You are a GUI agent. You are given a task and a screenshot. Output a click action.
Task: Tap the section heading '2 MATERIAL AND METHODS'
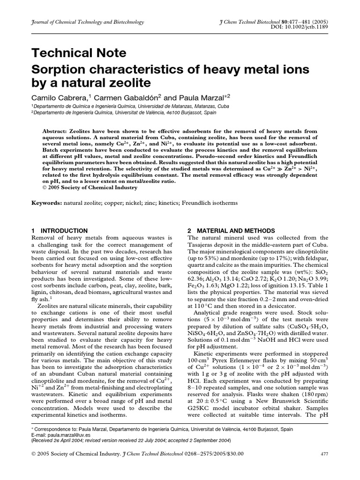[231, 231]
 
